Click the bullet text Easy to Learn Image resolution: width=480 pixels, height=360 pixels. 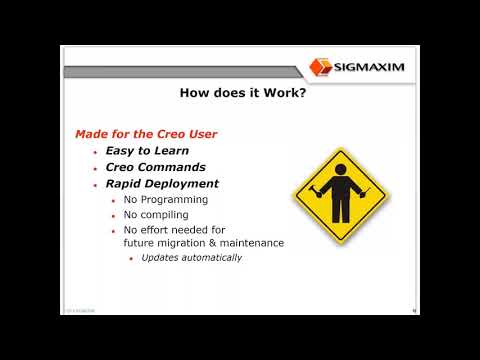(x=147, y=150)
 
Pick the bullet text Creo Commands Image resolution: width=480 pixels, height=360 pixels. (x=156, y=167)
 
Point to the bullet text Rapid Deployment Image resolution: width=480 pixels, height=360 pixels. (x=163, y=184)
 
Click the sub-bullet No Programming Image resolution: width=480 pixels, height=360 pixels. (x=166, y=199)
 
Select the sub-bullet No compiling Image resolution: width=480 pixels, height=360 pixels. (x=158, y=214)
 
